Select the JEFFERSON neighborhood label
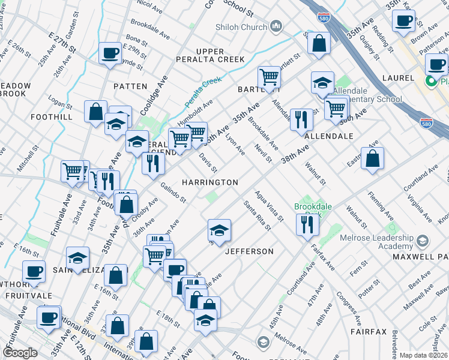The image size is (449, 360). (x=249, y=251)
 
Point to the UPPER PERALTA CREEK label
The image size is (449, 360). (x=210, y=55)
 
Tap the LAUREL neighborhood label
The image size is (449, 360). (x=398, y=78)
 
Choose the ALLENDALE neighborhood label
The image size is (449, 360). (x=328, y=136)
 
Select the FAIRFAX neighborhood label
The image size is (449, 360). (x=372, y=331)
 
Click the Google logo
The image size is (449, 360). (x=20, y=353)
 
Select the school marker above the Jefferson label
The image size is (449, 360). (x=219, y=229)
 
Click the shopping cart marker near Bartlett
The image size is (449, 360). (x=269, y=76)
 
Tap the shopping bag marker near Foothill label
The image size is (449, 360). (x=95, y=111)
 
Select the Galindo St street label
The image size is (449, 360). (x=173, y=193)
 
